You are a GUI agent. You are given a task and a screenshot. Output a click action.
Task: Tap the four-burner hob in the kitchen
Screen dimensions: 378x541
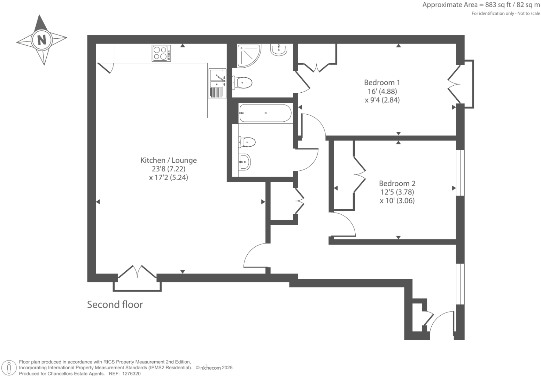pos(161,53)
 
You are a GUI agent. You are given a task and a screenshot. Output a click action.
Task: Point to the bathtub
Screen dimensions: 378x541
pos(265,113)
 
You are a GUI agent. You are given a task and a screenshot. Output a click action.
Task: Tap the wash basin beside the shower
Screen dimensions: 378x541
pos(279,49)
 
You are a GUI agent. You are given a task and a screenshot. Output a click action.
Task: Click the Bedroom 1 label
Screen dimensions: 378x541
pos(382,83)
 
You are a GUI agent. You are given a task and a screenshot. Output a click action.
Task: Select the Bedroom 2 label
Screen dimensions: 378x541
pos(397,183)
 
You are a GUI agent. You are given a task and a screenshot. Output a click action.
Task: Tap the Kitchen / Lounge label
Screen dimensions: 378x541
pos(168,160)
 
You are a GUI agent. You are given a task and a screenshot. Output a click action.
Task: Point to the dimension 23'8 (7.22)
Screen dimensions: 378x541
pos(168,169)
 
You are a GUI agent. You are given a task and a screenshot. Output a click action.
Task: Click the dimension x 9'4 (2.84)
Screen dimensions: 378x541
pos(382,100)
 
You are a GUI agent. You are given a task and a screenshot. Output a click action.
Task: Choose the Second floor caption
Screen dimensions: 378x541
pos(115,304)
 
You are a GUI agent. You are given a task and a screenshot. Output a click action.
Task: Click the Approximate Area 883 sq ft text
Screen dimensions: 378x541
pos(481,5)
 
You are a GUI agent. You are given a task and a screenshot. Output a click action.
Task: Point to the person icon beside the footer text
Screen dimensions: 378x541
pos(9,368)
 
